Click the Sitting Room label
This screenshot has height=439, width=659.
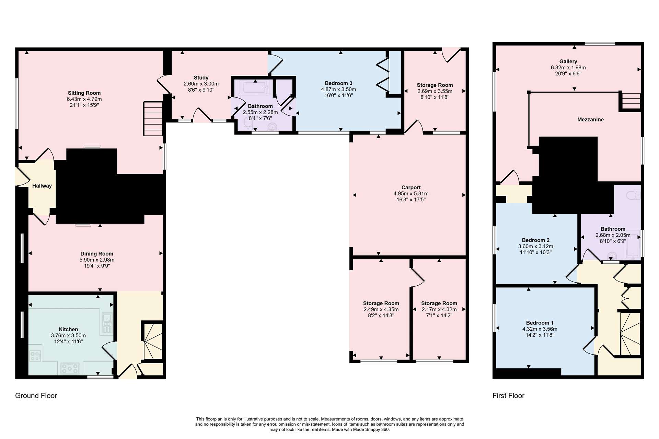coord(84,93)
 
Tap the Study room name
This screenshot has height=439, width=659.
coord(201,78)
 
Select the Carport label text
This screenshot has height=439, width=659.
coord(411,188)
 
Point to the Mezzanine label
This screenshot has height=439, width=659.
coord(590,120)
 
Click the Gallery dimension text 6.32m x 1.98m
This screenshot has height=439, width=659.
coord(568,68)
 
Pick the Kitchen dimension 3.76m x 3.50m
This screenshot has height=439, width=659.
coord(68,335)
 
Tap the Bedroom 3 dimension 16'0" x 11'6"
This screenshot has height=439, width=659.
coord(338,95)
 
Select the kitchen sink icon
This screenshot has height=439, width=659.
coord(107,323)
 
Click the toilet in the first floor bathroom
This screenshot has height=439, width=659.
coord(633,195)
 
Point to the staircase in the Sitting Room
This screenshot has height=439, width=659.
coord(153,118)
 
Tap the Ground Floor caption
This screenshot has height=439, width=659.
coord(36,396)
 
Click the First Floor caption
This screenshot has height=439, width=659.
coord(508,396)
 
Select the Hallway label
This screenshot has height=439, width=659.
coord(42,186)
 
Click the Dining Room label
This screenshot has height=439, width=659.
coord(97,254)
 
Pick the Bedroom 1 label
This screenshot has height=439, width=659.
coord(540,323)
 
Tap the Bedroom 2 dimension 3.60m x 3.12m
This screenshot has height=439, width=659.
coord(535,246)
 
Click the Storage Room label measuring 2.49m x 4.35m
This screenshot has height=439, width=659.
coord(381,303)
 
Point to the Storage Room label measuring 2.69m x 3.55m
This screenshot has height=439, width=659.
coord(435,85)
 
